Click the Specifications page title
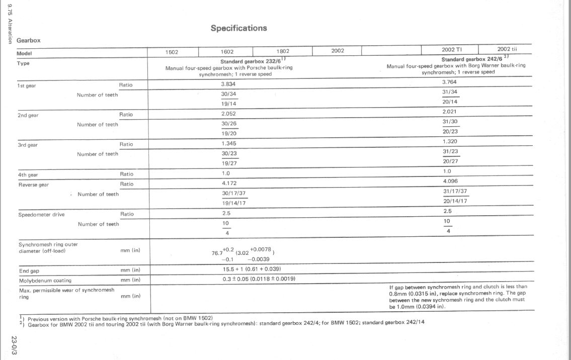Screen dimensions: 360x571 238,28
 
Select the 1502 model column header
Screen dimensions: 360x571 172,51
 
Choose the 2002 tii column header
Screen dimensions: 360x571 507,49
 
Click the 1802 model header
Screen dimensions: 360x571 283,51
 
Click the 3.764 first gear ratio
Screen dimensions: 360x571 450,82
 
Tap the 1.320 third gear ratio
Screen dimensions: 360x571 450,142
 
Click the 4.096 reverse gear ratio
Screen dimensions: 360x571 450,181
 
